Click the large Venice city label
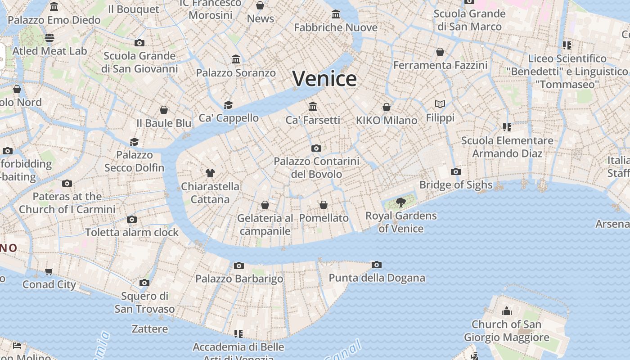324,79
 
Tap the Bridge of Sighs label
455,184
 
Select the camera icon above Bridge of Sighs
456,171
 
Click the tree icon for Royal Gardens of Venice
400,202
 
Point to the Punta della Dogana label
377,278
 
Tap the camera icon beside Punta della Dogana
377,265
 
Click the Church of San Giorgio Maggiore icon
507,311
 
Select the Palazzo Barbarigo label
239,279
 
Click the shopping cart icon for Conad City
49,271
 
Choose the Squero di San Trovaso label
144,302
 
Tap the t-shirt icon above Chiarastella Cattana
210,173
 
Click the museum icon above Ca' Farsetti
313,107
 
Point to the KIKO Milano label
386,120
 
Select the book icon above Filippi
440,104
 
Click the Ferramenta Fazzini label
440,65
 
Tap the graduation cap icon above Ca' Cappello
229,105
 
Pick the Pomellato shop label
324,218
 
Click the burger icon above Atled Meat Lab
49,38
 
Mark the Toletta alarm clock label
132,232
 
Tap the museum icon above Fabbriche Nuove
336,14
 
